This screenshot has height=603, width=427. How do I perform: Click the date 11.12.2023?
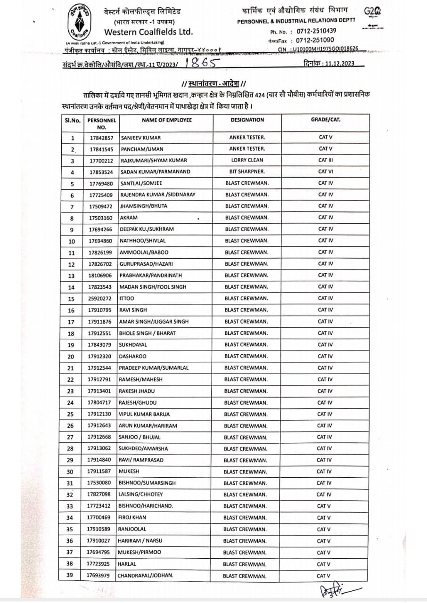pos(339,64)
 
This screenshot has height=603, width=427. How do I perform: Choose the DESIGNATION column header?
pos(247,120)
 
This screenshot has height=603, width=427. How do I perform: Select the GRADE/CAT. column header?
pos(326,120)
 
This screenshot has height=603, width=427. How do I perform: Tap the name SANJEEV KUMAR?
pos(141,138)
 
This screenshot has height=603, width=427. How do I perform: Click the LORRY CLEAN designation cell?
pos(247,160)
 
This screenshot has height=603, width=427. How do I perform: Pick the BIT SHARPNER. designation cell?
pos(247,172)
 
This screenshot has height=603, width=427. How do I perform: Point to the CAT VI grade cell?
pos(326,172)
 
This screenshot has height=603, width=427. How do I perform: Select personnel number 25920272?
pos(100,299)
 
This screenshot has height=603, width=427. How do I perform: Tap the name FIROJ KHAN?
pos(133,518)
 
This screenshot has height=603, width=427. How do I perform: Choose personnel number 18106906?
pos(100,276)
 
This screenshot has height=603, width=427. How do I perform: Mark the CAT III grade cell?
pos(326,160)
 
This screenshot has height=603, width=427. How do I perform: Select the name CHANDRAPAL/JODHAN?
pos(146,576)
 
